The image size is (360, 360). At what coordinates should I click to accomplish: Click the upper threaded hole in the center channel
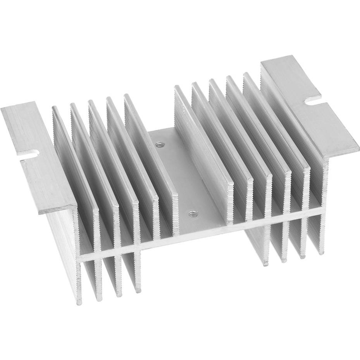[x=158, y=145]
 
